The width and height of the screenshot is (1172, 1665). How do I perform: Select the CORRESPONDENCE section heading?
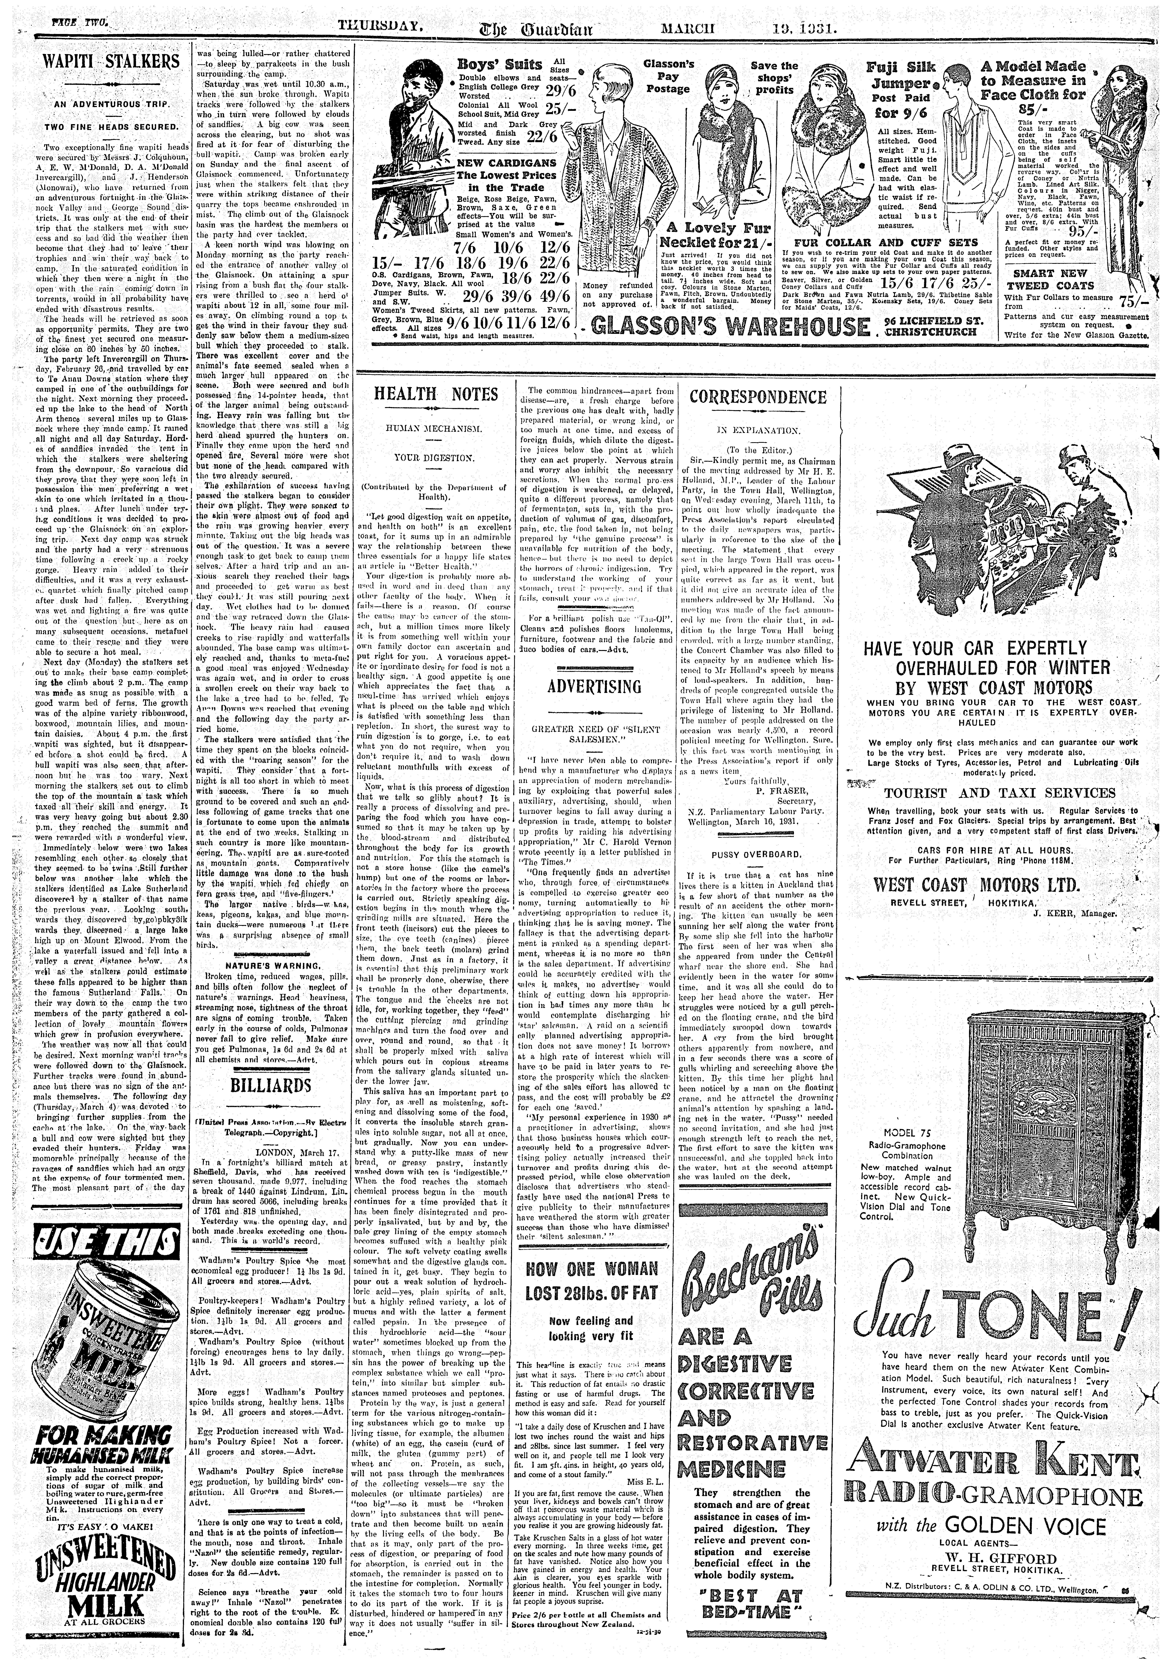click(x=757, y=397)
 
